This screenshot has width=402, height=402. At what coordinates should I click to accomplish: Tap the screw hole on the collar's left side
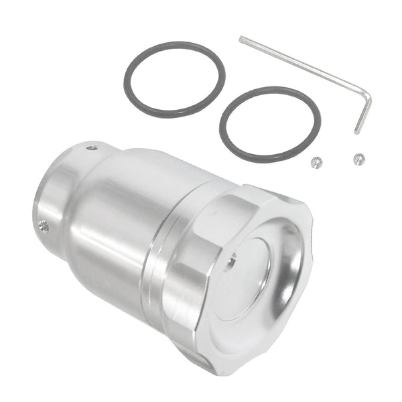tap(44, 226)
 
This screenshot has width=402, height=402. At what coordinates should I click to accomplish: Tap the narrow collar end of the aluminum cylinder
tap(50, 201)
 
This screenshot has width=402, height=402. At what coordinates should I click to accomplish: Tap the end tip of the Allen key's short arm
tap(358, 132)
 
